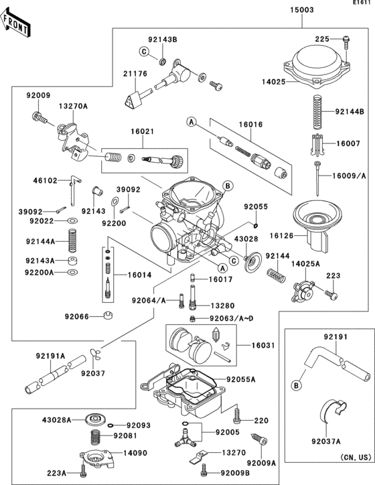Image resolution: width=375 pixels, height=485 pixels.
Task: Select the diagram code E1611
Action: pos(363,3)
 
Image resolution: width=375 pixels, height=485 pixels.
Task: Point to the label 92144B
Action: pos(349,111)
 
